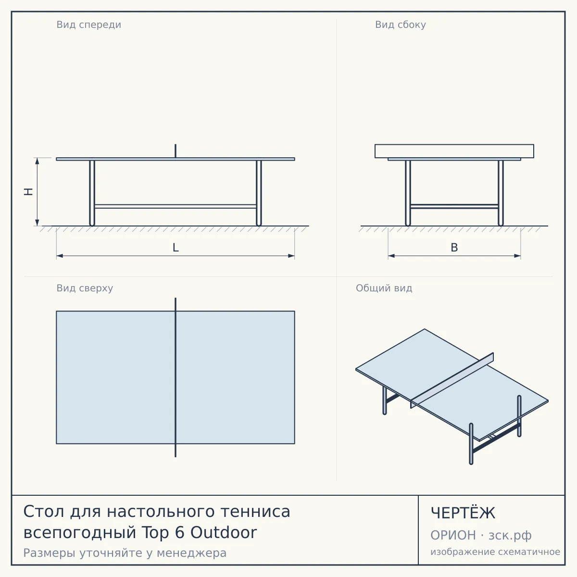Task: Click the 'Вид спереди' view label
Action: [88, 25]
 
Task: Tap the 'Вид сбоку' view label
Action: [401, 25]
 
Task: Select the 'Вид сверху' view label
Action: [85, 288]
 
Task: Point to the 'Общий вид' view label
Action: [384, 288]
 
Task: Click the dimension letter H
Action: [28, 192]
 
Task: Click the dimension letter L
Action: [176, 248]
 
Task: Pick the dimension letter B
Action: [454, 248]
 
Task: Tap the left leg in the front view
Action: [92, 193]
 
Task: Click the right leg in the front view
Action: [259, 193]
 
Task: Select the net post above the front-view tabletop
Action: [176, 151]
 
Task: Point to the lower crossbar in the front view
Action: [176, 206]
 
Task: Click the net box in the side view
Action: [454, 151]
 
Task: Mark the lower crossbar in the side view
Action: [454, 206]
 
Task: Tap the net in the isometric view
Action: [452, 380]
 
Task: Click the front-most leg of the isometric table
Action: [471, 444]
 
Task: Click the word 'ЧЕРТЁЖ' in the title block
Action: [463, 513]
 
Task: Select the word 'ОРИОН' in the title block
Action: [453, 535]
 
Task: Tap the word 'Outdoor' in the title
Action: [224, 533]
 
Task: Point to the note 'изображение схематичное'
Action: [495, 552]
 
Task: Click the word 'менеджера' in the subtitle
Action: [192, 553]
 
